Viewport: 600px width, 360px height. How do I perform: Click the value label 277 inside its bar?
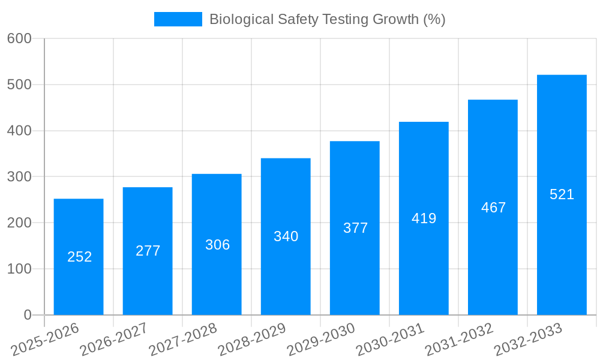(148, 251)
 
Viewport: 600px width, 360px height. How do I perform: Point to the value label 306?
(217, 245)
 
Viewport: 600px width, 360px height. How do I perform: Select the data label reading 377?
(355, 228)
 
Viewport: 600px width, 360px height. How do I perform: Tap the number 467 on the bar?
(493, 208)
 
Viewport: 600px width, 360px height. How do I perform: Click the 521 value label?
(562, 194)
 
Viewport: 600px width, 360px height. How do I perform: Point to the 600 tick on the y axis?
(19, 38)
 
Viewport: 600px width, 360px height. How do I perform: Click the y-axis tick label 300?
(19, 176)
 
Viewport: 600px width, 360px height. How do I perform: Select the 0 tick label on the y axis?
(27, 315)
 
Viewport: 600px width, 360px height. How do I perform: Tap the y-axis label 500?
(19, 85)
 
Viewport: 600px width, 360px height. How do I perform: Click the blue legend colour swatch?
(178, 19)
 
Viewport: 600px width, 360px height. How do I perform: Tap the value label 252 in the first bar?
(79, 257)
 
